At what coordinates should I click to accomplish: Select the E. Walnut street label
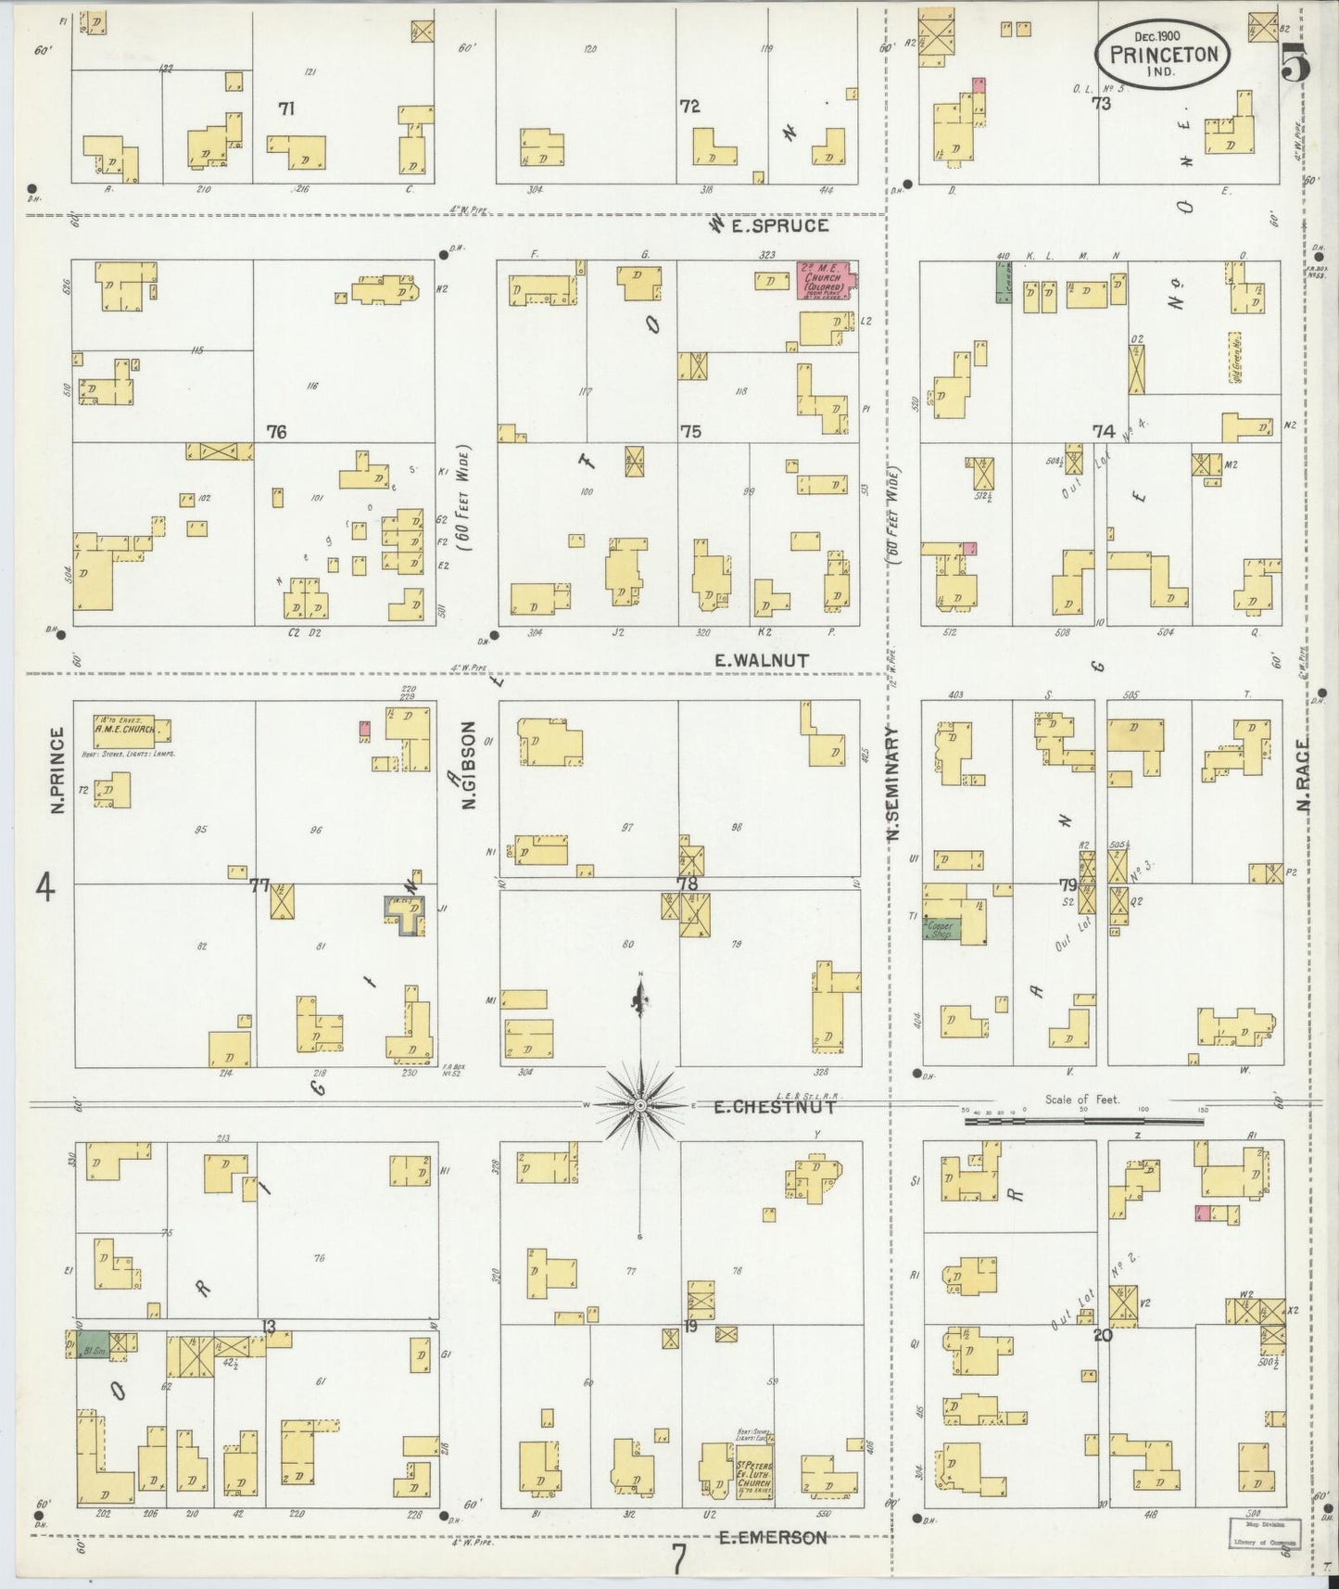coord(762,660)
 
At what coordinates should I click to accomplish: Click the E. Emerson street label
coord(773,1537)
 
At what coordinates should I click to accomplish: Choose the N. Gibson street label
coord(469,765)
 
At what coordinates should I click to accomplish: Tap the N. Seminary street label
coord(893,783)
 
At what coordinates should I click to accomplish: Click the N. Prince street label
coord(57,770)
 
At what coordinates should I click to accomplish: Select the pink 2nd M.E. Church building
coord(827,279)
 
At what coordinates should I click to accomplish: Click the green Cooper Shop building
coord(941,929)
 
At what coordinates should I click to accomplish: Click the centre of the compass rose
coord(640,1107)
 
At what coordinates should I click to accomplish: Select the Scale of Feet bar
coord(1083,1120)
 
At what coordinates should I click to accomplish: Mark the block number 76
coord(275,431)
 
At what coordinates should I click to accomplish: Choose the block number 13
coord(268,1328)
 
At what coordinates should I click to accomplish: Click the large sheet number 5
coord(1295,63)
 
